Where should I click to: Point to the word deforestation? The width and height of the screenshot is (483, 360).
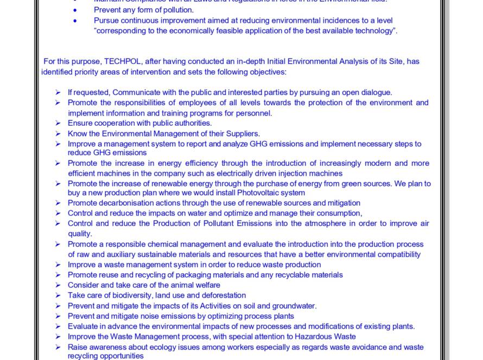224,295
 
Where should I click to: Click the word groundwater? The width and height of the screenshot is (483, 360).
294,306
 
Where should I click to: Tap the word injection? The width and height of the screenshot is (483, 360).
293,173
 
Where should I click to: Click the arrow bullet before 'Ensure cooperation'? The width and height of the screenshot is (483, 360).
58,123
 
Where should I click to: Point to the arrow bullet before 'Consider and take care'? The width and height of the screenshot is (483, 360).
58,285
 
